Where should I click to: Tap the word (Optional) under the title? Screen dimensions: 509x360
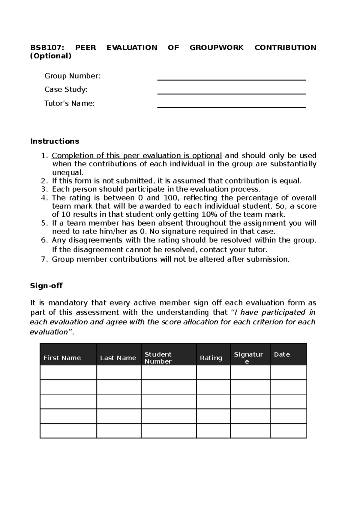click(51, 56)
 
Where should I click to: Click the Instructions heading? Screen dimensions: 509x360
click(55, 141)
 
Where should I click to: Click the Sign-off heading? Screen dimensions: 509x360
click(46, 286)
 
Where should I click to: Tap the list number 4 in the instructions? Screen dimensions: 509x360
click(44, 198)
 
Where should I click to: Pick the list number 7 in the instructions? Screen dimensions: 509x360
click(44, 259)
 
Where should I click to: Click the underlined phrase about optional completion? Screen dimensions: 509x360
click(137, 156)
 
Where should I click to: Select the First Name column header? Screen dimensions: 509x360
click(62, 358)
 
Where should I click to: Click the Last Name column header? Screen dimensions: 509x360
click(118, 358)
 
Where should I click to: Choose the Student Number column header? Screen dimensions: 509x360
click(158, 358)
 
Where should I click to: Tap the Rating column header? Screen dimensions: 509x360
click(211, 358)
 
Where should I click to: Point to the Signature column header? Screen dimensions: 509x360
click(248, 358)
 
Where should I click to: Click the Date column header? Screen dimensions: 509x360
click(282, 354)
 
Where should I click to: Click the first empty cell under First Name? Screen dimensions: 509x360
click(68, 372)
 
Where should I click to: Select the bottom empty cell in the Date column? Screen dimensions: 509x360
click(288, 431)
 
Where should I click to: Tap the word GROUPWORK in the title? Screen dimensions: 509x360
click(217, 48)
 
